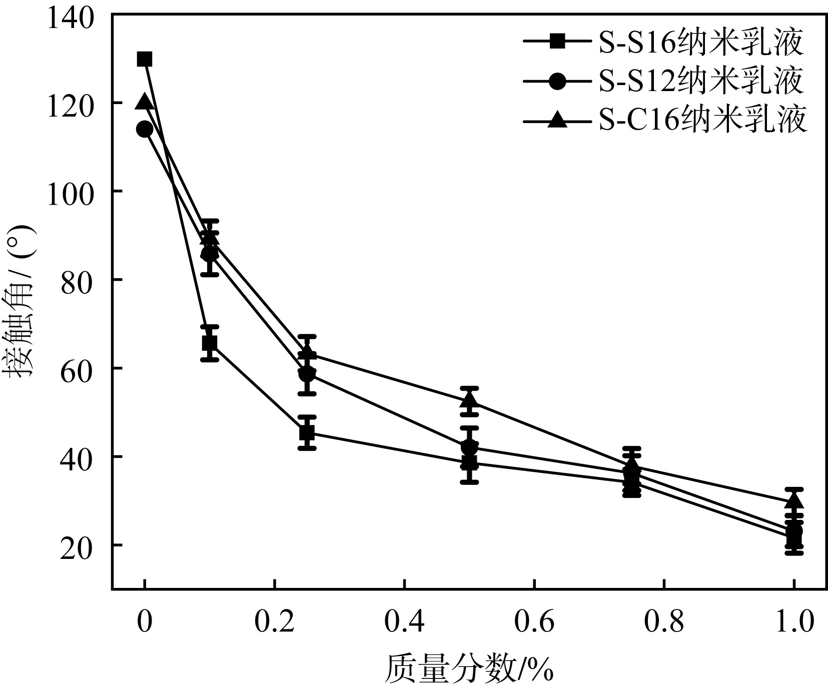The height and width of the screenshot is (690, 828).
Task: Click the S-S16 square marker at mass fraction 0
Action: point(145,59)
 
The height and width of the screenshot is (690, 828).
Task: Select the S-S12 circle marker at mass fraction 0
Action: point(145,129)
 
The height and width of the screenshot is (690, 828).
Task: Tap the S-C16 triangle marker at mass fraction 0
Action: point(145,102)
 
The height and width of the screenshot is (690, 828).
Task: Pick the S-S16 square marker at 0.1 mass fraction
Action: point(210,343)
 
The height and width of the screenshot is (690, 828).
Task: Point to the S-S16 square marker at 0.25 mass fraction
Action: point(307,432)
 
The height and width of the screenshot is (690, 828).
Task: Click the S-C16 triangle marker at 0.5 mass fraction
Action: point(469,399)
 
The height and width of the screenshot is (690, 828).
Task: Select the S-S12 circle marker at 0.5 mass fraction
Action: point(469,446)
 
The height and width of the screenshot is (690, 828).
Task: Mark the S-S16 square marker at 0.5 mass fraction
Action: point(469,462)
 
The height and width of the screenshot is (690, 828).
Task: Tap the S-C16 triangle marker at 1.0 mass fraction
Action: point(794,500)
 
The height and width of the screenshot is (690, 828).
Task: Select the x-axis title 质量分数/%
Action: point(469,670)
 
